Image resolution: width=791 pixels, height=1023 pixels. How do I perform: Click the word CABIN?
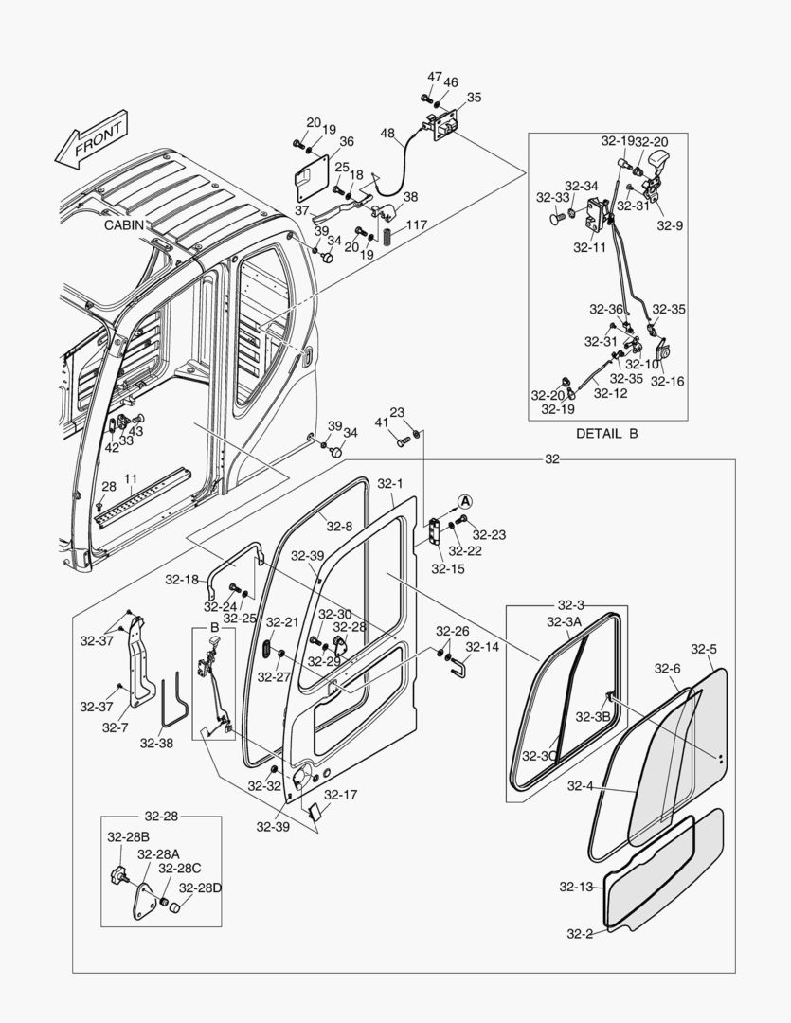pyautogui.click(x=125, y=226)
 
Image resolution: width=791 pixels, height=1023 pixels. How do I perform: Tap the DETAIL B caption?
pyautogui.click(x=607, y=433)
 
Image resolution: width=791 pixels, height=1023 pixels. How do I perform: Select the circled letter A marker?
pyautogui.click(x=465, y=500)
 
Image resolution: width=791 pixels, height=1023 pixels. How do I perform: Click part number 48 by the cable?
pyautogui.click(x=388, y=134)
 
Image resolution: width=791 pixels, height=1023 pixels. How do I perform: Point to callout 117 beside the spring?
pyautogui.click(x=418, y=225)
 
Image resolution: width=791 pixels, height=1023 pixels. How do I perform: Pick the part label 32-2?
pyautogui.click(x=579, y=934)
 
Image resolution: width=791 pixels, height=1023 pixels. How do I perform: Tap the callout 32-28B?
pyautogui.click(x=128, y=836)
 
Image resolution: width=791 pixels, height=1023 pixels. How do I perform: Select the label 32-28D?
pyautogui.click(x=200, y=888)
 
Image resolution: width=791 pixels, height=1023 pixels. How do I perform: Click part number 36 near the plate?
pyautogui.click(x=347, y=141)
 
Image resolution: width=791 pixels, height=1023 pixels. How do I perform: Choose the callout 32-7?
pyautogui.click(x=115, y=727)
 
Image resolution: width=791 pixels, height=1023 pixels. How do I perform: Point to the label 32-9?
pyautogui.click(x=670, y=225)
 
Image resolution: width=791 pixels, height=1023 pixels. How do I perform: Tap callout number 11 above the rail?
pyautogui.click(x=131, y=478)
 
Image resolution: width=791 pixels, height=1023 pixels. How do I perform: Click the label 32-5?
pyautogui.click(x=704, y=649)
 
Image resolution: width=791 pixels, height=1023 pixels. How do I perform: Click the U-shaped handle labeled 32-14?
pyautogui.click(x=458, y=669)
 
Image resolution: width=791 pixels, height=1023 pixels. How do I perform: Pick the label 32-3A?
pyautogui.click(x=565, y=621)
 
